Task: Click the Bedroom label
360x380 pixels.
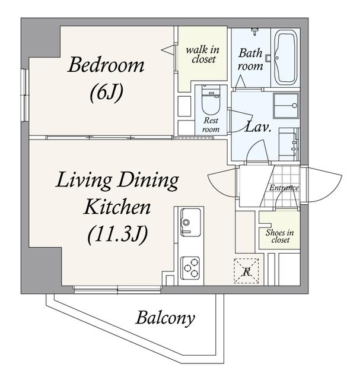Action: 106,65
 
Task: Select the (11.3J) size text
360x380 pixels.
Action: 117,235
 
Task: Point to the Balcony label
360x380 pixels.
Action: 165,318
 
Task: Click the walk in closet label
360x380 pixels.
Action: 203,55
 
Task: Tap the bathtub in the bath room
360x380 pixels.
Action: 286,57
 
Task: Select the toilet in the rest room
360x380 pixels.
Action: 211,100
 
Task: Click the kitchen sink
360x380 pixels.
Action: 191,222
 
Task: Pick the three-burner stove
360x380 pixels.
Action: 191,268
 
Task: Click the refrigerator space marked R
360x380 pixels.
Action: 246,271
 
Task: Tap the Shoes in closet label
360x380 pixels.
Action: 280,236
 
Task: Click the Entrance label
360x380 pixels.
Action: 284,188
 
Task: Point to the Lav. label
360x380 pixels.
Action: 257,126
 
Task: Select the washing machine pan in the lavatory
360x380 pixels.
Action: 286,106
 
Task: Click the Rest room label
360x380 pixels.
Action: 211,125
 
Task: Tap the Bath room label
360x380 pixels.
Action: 250,59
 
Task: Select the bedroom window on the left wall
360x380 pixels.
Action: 24,95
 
